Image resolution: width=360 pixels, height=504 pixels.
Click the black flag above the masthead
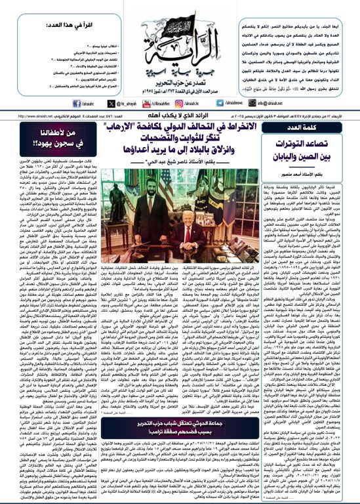[x=180, y=12]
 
